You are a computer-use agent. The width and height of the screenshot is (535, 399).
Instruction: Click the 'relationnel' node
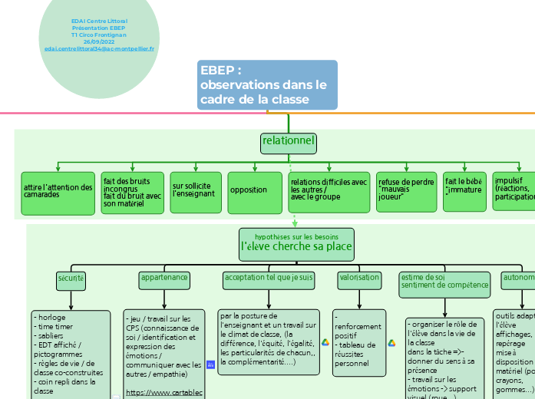coord(289,142)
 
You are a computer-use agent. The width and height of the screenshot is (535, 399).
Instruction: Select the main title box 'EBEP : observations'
coord(267,85)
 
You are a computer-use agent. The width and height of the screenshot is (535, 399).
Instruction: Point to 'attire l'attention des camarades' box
coord(58,193)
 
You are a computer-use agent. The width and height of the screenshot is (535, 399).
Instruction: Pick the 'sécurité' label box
coord(71,279)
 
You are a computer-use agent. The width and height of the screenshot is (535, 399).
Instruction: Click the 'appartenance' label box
coord(163,279)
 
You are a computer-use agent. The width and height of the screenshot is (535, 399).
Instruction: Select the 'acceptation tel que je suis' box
coord(268,279)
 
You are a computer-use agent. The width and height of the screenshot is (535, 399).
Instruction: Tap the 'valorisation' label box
coord(359,279)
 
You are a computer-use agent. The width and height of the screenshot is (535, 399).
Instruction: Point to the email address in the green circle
coord(99,48)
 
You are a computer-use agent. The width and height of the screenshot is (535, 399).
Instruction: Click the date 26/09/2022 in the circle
coord(98,41)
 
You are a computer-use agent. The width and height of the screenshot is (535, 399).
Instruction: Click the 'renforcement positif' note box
coord(359,342)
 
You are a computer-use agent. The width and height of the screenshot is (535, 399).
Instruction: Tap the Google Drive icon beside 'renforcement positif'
coord(325,343)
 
